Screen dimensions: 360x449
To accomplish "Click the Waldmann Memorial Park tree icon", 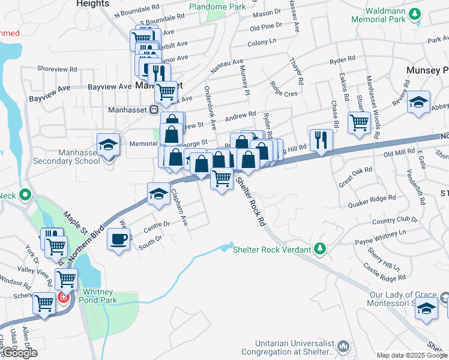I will pos(414,13).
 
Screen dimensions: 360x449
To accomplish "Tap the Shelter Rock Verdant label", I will pos(271,249).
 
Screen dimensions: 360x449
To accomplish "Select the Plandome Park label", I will pos(217,7).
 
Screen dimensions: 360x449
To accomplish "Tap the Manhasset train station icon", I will pos(154,110).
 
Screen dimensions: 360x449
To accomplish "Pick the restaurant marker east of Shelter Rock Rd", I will pos(321,140).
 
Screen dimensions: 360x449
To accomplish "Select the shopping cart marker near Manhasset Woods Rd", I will pos(359,121).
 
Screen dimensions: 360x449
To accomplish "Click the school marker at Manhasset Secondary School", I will pos(108,145).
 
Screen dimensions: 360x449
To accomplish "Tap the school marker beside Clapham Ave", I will pos(158,193).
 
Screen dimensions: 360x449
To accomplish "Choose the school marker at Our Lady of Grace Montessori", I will pos(427,308).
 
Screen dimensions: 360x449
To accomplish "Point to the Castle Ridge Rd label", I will pos(384,274).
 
